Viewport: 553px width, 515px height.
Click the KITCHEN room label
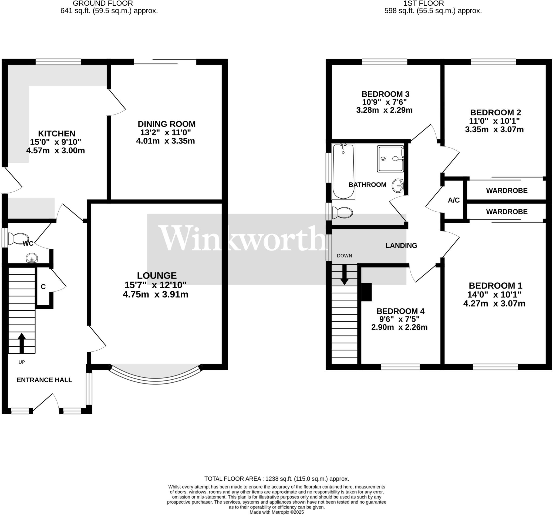[57, 134]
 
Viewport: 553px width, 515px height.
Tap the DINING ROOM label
[167, 124]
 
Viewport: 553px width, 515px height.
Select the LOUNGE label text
[157, 276]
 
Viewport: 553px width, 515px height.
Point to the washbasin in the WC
[32, 258]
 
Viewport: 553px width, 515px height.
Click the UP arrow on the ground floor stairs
[22, 343]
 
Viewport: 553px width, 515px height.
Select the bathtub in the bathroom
[343, 171]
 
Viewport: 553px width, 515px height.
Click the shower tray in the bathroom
[390, 159]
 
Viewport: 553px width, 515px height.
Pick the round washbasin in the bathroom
[398, 185]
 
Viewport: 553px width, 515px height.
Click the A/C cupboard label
[454, 200]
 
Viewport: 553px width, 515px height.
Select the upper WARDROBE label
[507, 191]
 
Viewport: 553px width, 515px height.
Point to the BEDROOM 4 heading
[400, 311]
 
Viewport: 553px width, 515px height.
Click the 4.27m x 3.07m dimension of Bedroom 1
[494, 303]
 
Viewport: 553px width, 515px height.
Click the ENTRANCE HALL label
[44, 380]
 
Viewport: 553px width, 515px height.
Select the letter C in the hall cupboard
[43, 287]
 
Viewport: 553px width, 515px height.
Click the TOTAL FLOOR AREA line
[276, 479]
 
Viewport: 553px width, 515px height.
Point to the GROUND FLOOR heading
[103, 3]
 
